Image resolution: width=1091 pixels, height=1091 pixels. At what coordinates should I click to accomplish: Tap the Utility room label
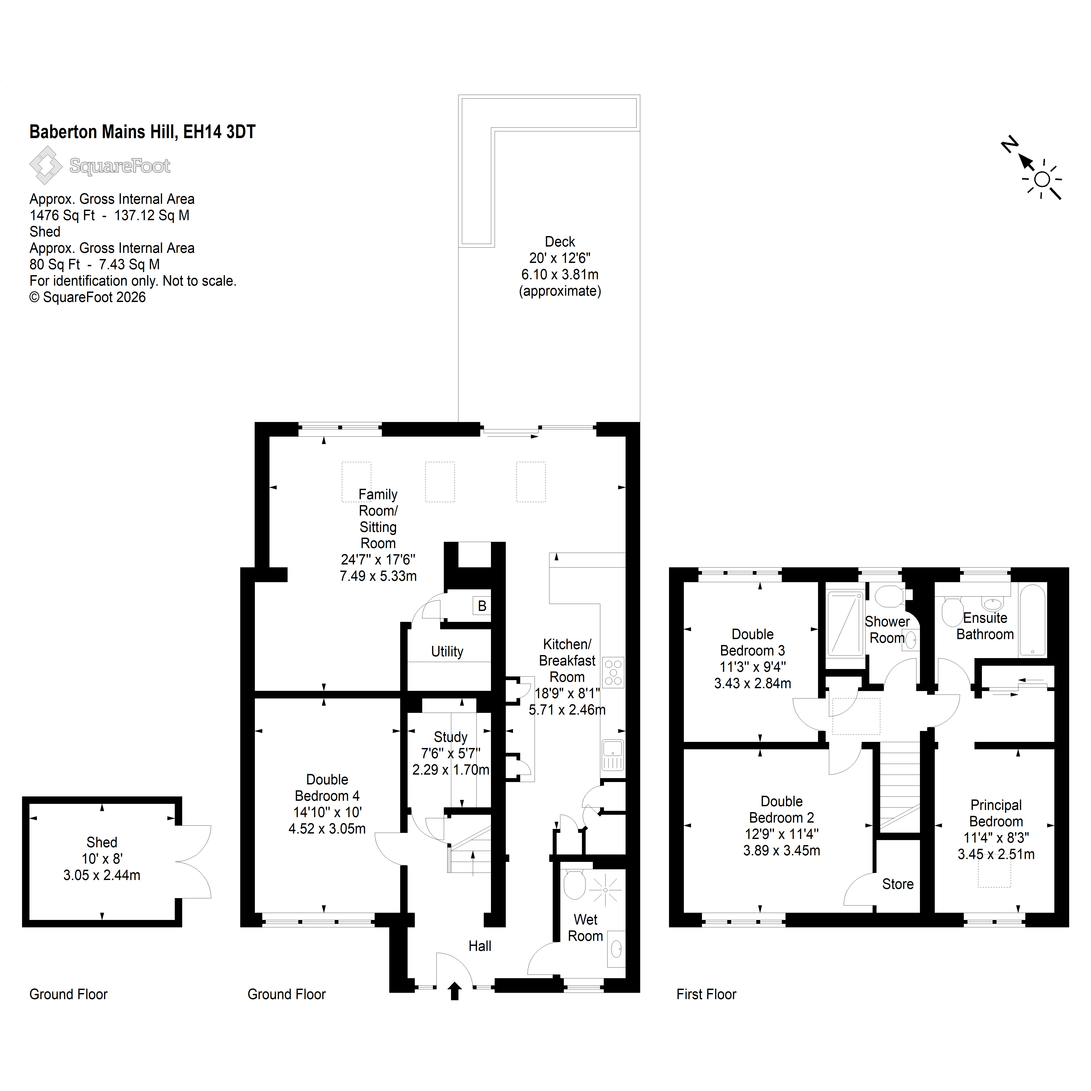(447, 652)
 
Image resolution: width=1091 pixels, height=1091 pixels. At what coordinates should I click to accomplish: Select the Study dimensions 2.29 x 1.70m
(451, 770)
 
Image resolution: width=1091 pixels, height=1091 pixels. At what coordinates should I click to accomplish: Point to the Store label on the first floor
(898, 884)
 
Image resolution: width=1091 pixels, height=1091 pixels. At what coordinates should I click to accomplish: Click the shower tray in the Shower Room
(845, 623)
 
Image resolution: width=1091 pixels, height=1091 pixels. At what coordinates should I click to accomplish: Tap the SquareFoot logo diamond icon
(46, 165)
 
